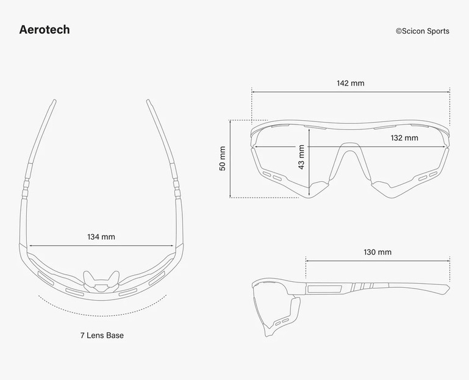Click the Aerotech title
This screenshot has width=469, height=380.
click(45, 30)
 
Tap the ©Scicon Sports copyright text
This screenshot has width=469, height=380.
click(422, 31)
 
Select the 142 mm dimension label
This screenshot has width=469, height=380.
click(351, 83)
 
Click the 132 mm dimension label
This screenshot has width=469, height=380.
click(404, 138)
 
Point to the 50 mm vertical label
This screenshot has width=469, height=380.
click(223, 159)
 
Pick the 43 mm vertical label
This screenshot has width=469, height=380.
click(301, 157)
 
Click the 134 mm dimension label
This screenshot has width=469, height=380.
click(101, 237)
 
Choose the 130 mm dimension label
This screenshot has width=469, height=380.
click(378, 253)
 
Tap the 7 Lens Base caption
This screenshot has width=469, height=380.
click(102, 335)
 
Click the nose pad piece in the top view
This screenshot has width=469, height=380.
click(101, 281)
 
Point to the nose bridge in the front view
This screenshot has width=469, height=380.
click(350, 149)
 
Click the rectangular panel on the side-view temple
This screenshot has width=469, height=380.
click(324, 289)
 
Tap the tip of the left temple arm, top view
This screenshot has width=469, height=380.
click(54, 101)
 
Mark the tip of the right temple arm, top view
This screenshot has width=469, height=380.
click(148, 101)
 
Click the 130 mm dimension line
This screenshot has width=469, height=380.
click(378, 261)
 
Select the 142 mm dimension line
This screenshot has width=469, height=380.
click(351, 92)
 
